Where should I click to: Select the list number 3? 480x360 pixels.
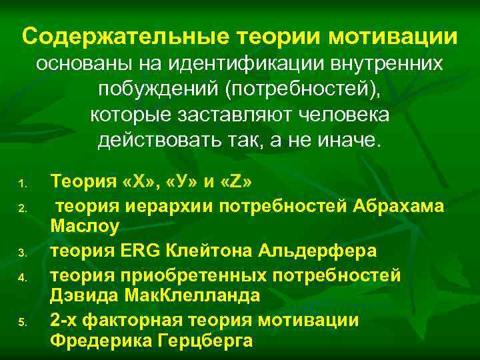(21, 252)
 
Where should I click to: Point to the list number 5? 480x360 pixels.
(21, 321)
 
